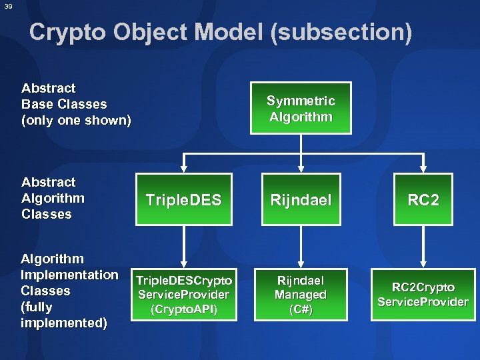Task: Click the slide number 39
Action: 7,6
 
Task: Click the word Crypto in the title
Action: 69,31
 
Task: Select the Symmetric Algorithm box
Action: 301,109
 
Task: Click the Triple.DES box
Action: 184,200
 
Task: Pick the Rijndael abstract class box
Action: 301,200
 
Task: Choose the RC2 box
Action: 423,200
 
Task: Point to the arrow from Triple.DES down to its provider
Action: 184,247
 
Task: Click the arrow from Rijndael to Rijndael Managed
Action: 301,247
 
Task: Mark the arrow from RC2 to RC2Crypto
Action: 423,247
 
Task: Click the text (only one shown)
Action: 77,121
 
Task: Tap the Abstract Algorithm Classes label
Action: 53,198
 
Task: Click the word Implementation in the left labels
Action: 70,275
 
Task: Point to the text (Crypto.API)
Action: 184,310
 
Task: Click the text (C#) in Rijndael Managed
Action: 301,310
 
